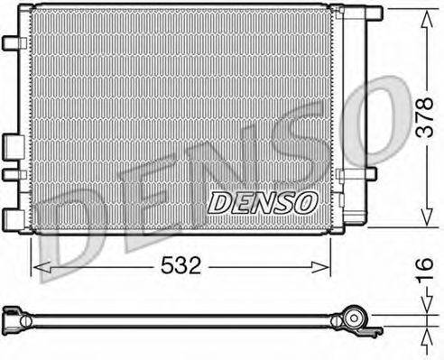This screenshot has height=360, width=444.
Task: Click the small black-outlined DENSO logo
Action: point(263,201)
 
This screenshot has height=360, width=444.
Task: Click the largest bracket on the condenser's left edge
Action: point(13,146)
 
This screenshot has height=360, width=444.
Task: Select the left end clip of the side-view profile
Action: point(12,315)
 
